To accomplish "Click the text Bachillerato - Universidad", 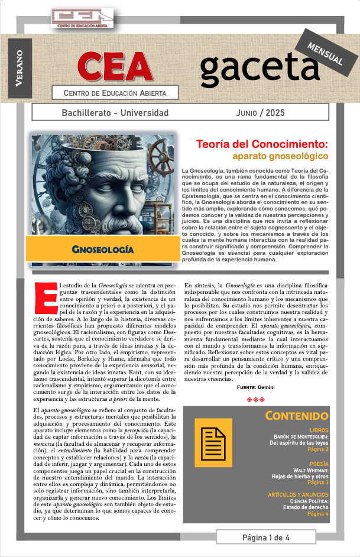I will coord(115,112).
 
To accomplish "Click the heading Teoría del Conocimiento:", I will coord(262,144).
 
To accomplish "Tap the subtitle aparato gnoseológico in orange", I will coord(280,157).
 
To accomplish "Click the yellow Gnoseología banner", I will coord(102,249).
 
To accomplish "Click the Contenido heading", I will coord(296,416).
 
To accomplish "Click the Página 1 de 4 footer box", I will coord(266,537).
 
